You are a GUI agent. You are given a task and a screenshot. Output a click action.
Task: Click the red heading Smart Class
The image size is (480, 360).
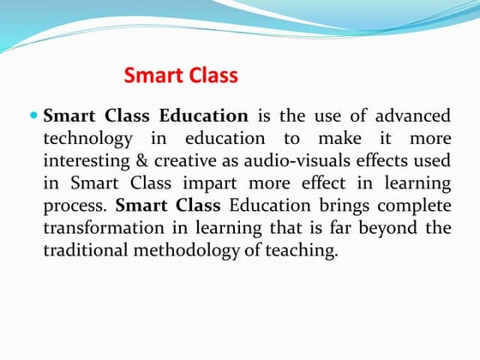tap(181, 75)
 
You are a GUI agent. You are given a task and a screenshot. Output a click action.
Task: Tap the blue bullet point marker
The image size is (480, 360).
tap(33, 115)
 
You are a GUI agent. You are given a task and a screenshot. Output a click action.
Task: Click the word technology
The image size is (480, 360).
tap(88, 138)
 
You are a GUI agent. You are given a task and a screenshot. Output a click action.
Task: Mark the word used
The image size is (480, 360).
tap(430, 161)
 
